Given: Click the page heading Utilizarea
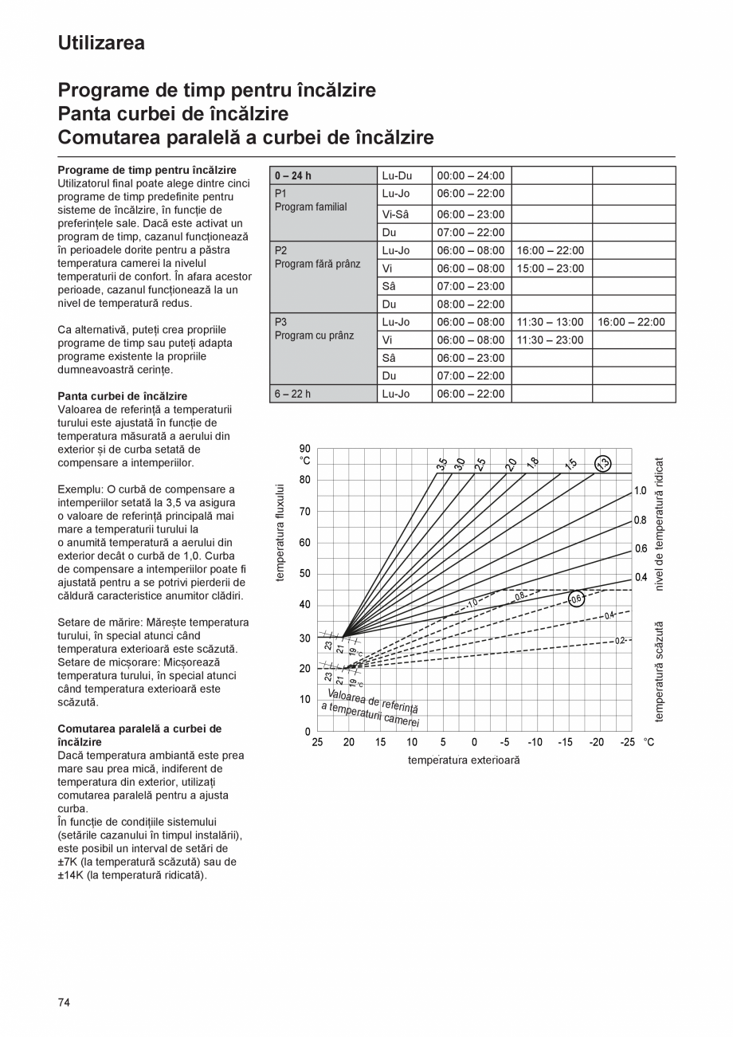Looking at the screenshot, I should pyautogui.click(x=101, y=43).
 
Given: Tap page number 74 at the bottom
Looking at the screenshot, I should pyautogui.click(x=65, y=1002).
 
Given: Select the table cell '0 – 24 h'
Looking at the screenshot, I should pyautogui.click(x=292, y=175).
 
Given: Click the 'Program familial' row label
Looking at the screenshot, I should pyautogui.click(x=311, y=206).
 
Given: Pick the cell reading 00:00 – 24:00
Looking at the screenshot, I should pyautogui.click(x=471, y=175).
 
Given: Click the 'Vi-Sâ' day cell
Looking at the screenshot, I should pyautogui.click(x=395, y=214).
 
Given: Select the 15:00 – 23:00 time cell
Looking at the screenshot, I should pyautogui.click(x=551, y=269).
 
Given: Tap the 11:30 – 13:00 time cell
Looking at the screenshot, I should pyautogui.click(x=551, y=322).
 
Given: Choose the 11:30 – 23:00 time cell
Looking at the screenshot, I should pyautogui.click(x=551, y=340).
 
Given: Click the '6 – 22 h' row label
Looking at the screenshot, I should pyautogui.click(x=292, y=394).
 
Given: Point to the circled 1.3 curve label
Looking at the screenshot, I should pyautogui.click(x=604, y=463).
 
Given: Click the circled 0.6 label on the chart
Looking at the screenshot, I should pyautogui.click(x=576, y=599).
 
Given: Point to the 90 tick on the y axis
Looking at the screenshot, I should pyautogui.click(x=305, y=449).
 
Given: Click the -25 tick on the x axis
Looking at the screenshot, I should pyautogui.click(x=628, y=742).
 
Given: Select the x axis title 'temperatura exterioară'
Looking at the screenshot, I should pyautogui.click(x=464, y=760).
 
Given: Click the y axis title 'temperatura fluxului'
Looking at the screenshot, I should pyautogui.click(x=280, y=532).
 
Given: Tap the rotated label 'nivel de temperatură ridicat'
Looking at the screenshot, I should pyautogui.click(x=660, y=524).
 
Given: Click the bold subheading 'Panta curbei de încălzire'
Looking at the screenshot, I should pyautogui.click(x=123, y=396).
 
